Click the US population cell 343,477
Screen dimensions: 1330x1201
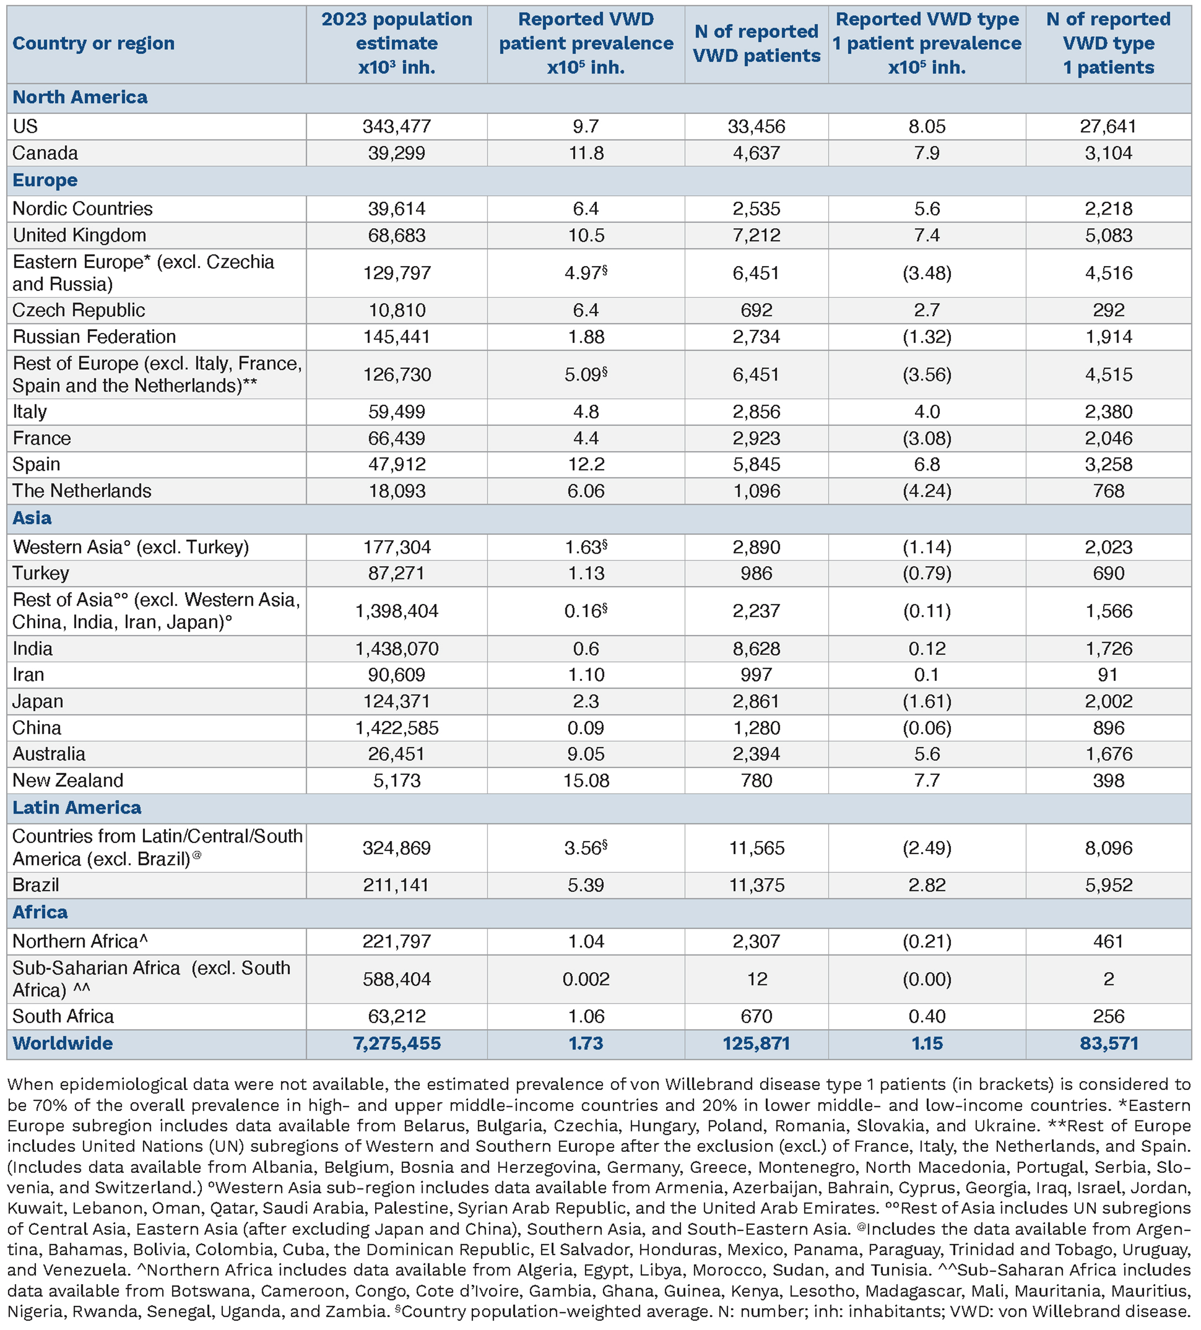coord(397,126)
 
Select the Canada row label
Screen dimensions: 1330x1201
coord(45,153)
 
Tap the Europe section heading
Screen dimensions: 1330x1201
coord(45,180)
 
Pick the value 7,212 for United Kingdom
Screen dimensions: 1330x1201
coord(756,235)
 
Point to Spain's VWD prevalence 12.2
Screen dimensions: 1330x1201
coord(586,465)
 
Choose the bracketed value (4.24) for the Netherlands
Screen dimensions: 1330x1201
coord(927,491)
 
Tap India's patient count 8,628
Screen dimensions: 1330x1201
coord(756,649)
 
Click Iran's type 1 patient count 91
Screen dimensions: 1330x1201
coord(1108,674)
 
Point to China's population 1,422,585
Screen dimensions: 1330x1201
coord(397,728)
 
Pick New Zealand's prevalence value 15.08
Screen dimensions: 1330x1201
coord(586,780)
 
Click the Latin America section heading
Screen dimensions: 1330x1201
coord(76,807)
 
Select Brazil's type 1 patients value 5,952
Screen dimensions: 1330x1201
coord(1108,885)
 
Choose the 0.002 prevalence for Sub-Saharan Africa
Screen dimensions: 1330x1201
coord(586,979)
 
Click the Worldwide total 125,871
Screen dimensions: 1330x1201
coord(756,1043)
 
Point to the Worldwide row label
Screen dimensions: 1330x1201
coord(63,1043)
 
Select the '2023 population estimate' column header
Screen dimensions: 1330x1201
coord(397,44)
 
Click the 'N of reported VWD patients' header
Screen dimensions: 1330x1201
coord(756,44)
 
